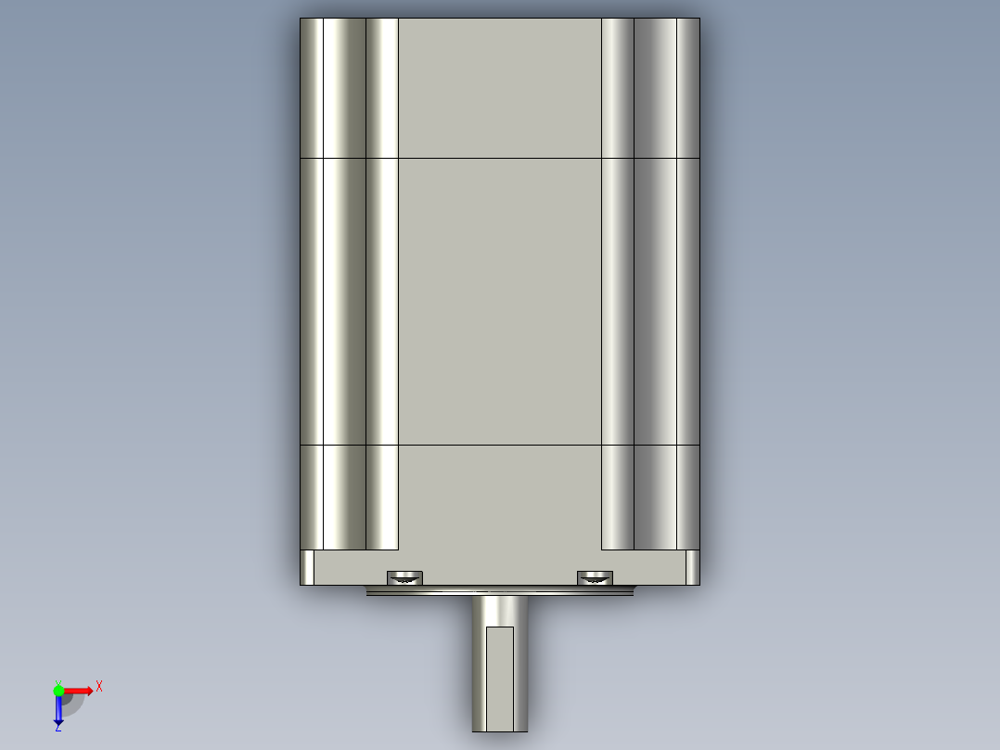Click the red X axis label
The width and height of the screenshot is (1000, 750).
pyautogui.click(x=99, y=687)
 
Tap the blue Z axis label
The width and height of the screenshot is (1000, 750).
pyautogui.click(x=58, y=727)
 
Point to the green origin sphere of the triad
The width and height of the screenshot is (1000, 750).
pyautogui.click(x=58, y=691)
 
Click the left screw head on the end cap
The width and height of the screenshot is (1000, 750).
pyautogui.click(x=405, y=578)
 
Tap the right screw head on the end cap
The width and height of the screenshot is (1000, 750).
pyautogui.click(x=595, y=578)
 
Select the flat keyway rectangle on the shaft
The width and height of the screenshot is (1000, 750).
pyautogui.click(x=500, y=679)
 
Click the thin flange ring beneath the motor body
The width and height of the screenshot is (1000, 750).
pyautogui.click(x=500, y=591)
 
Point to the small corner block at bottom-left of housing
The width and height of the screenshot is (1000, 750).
pyautogui.click(x=307, y=567)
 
